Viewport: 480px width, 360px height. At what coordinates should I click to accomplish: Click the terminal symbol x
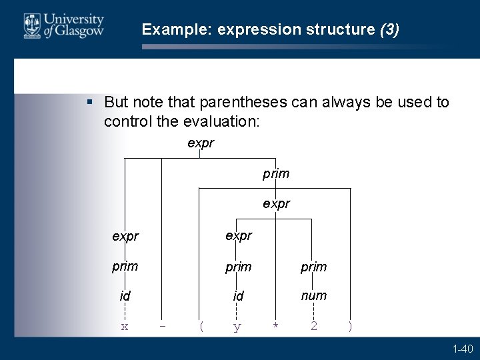pos(124,327)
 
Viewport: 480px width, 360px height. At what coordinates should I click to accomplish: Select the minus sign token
pos(163,327)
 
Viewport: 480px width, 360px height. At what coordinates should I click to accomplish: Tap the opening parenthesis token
pos(201,327)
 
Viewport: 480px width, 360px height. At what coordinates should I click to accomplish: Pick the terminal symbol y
pos(237,327)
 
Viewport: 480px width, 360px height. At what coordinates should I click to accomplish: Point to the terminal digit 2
pos(313,327)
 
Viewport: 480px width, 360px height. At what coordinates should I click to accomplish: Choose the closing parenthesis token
pos(350,327)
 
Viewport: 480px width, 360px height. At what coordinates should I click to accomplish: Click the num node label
pos(313,295)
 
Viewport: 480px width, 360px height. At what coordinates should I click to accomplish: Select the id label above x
pos(124,295)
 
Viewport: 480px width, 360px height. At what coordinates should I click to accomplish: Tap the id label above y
pos(238,295)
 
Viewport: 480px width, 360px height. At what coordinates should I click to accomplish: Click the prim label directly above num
pos(313,267)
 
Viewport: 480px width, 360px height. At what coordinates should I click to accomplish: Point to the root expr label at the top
pos(201,143)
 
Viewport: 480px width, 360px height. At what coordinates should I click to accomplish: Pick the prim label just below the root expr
pos(276,174)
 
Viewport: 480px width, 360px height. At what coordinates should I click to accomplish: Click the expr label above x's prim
pos(125,237)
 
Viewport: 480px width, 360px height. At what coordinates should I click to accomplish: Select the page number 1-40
pos(463,349)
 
